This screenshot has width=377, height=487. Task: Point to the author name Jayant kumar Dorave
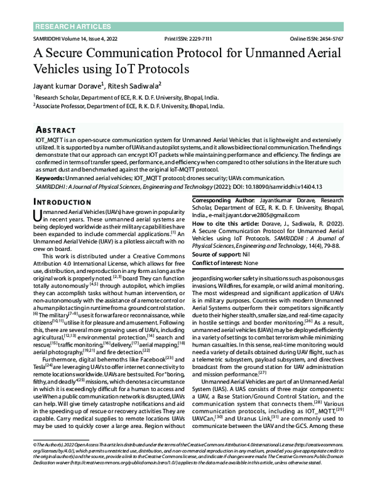(x=67, y=85)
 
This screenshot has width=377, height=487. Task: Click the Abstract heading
(x=59, y=128)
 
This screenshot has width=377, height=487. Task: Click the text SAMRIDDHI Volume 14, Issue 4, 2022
(x=72, y=39)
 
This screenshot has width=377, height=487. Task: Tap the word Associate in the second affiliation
(x=50, y=107)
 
